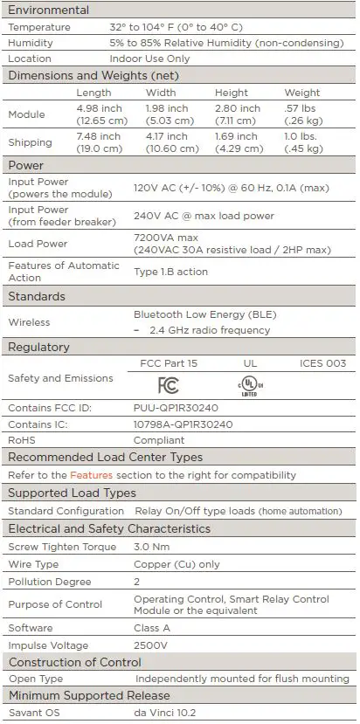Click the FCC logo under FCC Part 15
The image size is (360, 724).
[168, 385]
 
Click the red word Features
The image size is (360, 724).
[92, 475]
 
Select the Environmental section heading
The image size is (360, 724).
[49, 10]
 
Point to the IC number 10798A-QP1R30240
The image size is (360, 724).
[183, 424]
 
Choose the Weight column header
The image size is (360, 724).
[301, 93]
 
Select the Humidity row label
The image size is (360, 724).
[31, 43]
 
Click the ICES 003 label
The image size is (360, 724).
[322, 363]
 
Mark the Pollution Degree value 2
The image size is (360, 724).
[137, 582]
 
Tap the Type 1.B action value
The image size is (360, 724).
[170, 272]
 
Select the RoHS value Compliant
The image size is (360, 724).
[158, 440]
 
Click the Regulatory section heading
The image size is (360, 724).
[38, 348]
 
